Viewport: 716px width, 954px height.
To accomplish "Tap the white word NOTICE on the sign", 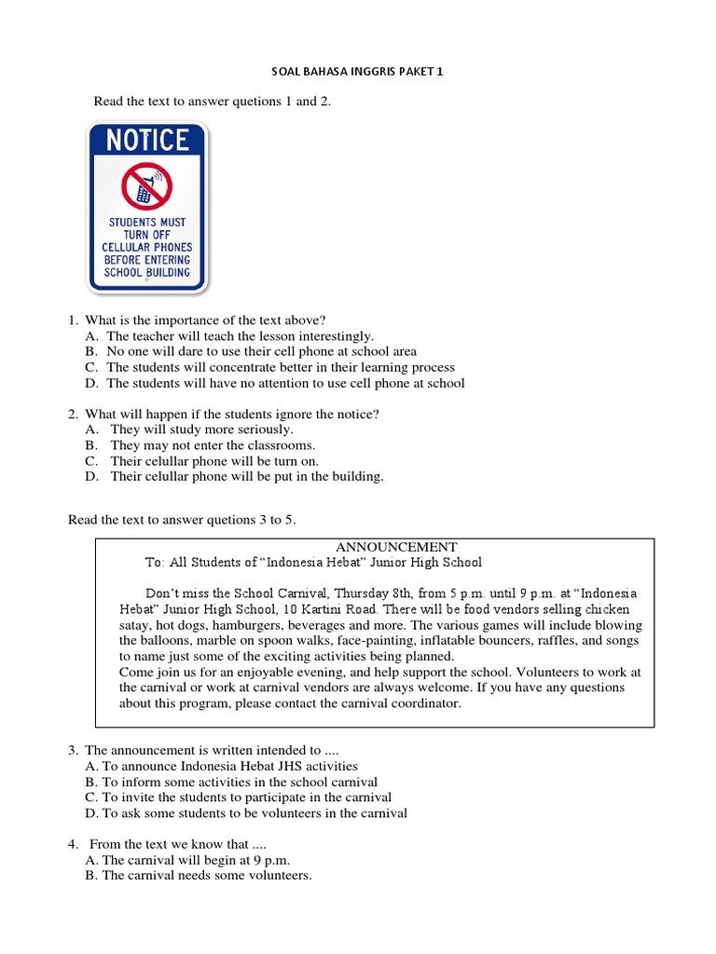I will [x=147, y=141].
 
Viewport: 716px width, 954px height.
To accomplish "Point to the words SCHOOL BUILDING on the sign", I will [x=147, y=273].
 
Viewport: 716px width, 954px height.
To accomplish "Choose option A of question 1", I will [x=91, y=335].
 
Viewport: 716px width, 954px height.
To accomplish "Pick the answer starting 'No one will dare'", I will [x=261, y=351].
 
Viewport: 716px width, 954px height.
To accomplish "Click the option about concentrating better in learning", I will [x=280, y=367].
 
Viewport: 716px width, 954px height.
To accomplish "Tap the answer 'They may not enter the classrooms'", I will [x=213, y=445].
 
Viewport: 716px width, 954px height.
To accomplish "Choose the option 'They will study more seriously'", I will [x=201, y=429].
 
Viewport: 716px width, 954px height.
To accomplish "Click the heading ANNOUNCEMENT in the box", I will [x=396, y=547].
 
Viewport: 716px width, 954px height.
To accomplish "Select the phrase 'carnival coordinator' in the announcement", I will [x=406, y=703].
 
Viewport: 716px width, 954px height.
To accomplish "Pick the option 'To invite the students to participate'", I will [x=246, y=797].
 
